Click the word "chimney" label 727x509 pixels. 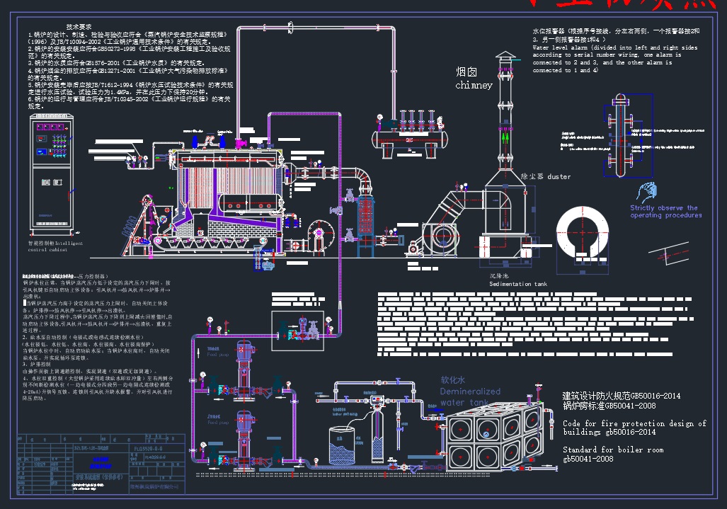pyautogui.click(x=474, y=86)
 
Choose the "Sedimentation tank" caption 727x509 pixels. pyautogui.click(x=518, y=284)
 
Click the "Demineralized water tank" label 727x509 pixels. pyautogui.click(x=469, y=391)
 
